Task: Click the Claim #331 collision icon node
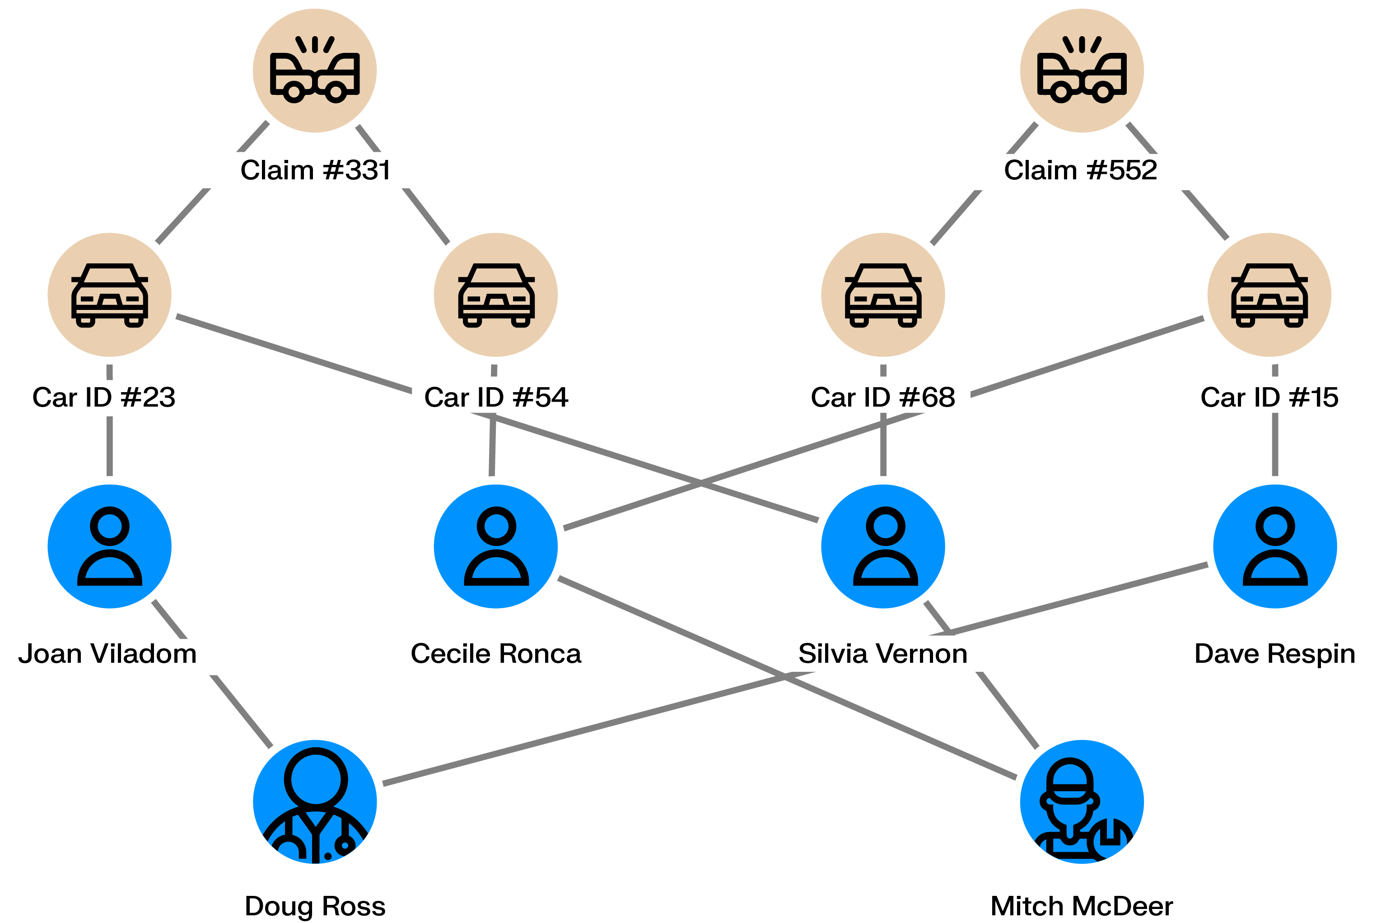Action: [x=315, y=70]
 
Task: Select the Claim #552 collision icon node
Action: [x=1081, y=70]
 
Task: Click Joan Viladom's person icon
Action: [x=109, y=546]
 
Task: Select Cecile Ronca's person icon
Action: [x=496, y=546]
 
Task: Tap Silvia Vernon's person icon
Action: [x=883, y=546]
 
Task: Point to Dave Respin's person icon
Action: [x=1275, y=546]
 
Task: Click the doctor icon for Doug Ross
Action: [x=315, y=802]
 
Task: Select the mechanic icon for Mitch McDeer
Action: [x=1081, y=802]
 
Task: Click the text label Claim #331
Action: [x=315, y=171]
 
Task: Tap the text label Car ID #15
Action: [x=1269, y=397]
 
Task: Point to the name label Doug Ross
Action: [x=315, y=906]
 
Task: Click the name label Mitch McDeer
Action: [x=1081, y=906]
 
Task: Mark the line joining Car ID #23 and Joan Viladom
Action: [x=109, y=445]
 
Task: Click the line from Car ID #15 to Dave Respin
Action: [x=1275, y=445]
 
